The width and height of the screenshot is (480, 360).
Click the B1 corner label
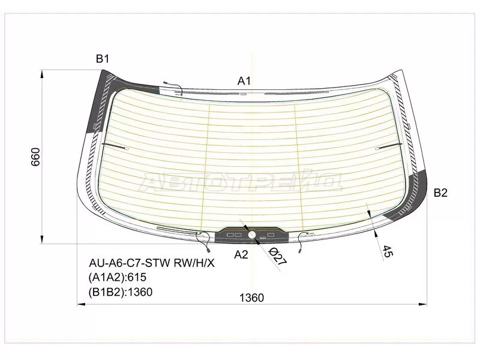103,58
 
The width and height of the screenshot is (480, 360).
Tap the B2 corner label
440,193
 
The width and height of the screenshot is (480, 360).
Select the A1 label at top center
244,81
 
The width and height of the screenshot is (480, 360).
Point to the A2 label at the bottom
241,254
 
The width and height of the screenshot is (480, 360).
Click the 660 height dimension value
35,157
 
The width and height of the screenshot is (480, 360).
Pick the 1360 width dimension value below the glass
251,298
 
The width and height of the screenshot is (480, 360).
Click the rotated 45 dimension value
387,251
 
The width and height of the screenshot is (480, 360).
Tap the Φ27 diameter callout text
278,257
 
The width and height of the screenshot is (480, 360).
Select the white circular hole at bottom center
252,235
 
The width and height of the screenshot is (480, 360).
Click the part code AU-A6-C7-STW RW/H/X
152,263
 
